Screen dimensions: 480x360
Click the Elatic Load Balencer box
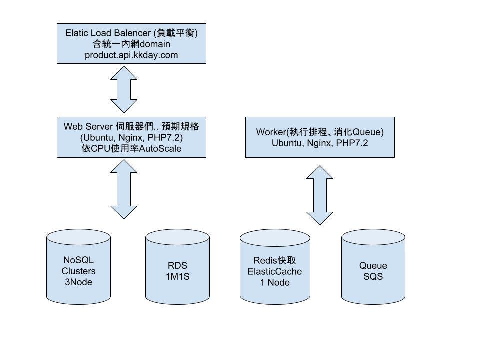coord(131,44)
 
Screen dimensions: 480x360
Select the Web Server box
coord(131,137)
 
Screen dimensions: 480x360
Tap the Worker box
coord(320,137)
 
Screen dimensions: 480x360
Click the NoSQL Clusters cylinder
coord(78,267)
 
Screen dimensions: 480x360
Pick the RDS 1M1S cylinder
coord(177,267)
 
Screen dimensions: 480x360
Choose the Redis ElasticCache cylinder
coord(275,267)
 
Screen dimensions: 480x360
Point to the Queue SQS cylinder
coord(373,267)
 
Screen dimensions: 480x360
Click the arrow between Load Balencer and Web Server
coord(124,89)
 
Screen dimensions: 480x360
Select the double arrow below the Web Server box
coord(124,189)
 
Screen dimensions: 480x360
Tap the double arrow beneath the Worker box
coord(320,195)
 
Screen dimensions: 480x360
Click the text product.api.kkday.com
coord(131,55)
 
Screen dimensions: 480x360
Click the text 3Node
coord(78,282)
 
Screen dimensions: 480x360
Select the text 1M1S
coord(177,276)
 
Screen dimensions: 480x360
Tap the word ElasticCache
coord(275,271)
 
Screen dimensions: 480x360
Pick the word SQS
coord(373,276)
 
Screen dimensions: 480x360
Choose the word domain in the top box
coord(155,44)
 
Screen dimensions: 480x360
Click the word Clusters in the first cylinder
coord(78,271)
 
